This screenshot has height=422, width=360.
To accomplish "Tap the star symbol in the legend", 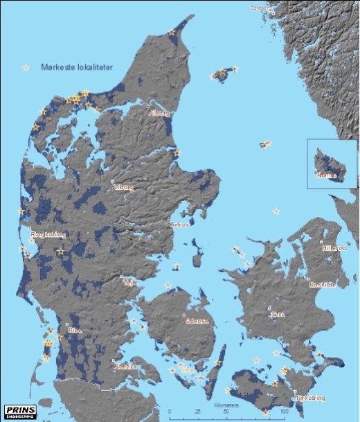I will pos(26,67).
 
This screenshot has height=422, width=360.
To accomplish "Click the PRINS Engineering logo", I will pos(19,411).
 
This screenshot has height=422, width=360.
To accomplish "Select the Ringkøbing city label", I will pos(48,235).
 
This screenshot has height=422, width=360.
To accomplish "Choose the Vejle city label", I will pos(129,283).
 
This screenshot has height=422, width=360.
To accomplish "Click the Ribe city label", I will pos(75,331).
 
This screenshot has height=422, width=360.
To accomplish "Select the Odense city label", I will pos(197,322).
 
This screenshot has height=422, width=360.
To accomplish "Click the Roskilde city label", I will pos(323,284).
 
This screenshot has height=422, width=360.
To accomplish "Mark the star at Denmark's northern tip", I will pos(172,32).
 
